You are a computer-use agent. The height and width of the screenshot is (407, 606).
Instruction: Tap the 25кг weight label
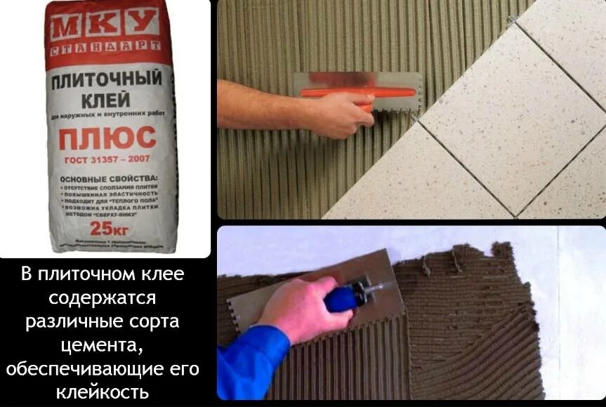[105, 228]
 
